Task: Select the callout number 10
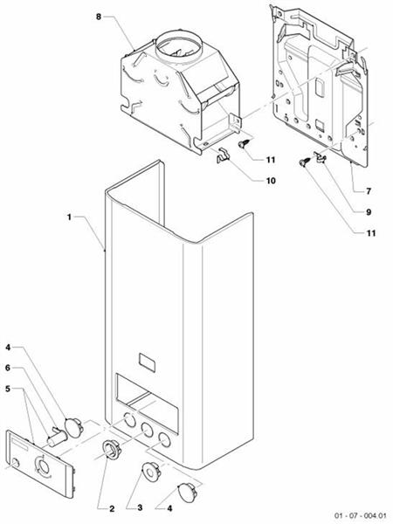point(270,181)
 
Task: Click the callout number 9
point(356,211)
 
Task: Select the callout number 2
point(112,507)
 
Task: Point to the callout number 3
point(140,507)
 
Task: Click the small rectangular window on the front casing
point(148,361)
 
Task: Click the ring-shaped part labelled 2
point(111,452)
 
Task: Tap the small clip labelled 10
point(222,156)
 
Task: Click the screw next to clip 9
point(303,162)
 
